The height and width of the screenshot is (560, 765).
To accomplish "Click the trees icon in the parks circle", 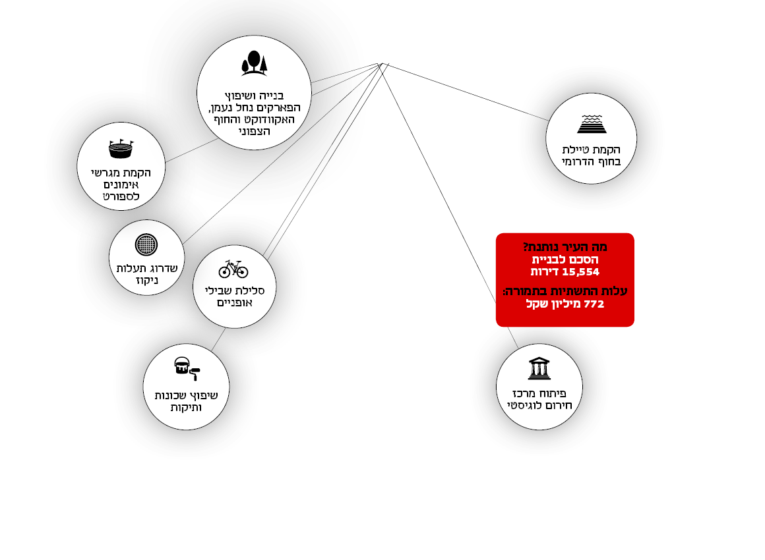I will [x=254, y=62].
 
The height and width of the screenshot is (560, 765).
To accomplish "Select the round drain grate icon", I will [x=146, y=244].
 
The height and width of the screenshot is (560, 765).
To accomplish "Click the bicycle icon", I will [x=233, y=268].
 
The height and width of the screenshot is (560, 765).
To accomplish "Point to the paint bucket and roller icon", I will [x=187, y=369].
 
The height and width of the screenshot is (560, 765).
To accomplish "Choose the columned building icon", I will [x=539, y=369].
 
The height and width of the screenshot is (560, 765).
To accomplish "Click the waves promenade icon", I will [x=591, y=124].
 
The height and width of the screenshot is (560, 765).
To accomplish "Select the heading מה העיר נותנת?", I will [x=565, y=247].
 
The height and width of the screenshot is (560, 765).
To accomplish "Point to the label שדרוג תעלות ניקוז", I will [x=146, y=275].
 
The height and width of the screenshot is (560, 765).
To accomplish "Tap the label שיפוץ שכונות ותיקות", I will [x=186, y=401].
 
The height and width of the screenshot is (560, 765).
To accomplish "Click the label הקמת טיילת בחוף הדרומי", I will [x=591, y=155].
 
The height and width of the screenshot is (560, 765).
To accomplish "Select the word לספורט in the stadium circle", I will [x=121, y=196].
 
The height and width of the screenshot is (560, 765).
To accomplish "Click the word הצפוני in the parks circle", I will [x=253, y=131].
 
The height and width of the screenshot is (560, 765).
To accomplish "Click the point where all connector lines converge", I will [x=382, y=64].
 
